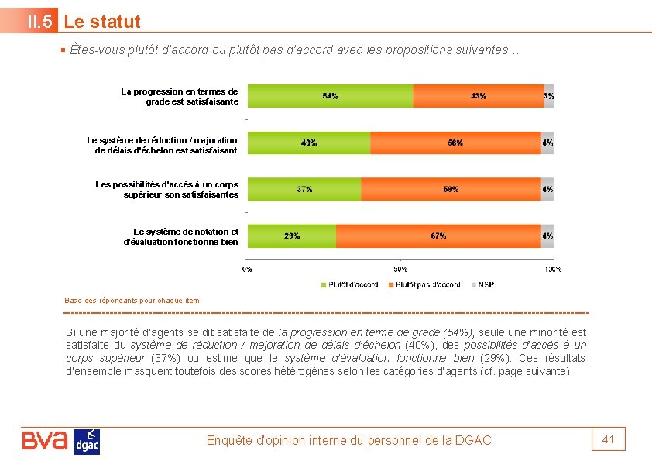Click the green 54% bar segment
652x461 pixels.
[x=330, y=96]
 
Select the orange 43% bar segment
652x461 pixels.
[x=478, y=96]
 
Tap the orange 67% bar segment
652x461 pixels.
[x=438, y=236]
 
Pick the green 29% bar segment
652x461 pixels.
[x=292, y=236]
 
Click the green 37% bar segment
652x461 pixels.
[x=304, y=189]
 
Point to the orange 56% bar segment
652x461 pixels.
[x=455, y=143]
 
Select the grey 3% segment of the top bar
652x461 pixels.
[x=548, y=96]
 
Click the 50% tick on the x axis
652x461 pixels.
[x=400, y=269]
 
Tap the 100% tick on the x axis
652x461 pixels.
[x=553, y=269]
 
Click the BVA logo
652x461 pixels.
[x=45, y=441]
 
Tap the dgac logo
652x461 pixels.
[x=87, y=442]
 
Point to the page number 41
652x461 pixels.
[x=608, y=439]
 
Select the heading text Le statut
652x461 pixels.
[x=102, y=22]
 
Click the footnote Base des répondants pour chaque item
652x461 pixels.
[x=132, y=300]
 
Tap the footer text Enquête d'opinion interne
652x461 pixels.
[x=348, y=440]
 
